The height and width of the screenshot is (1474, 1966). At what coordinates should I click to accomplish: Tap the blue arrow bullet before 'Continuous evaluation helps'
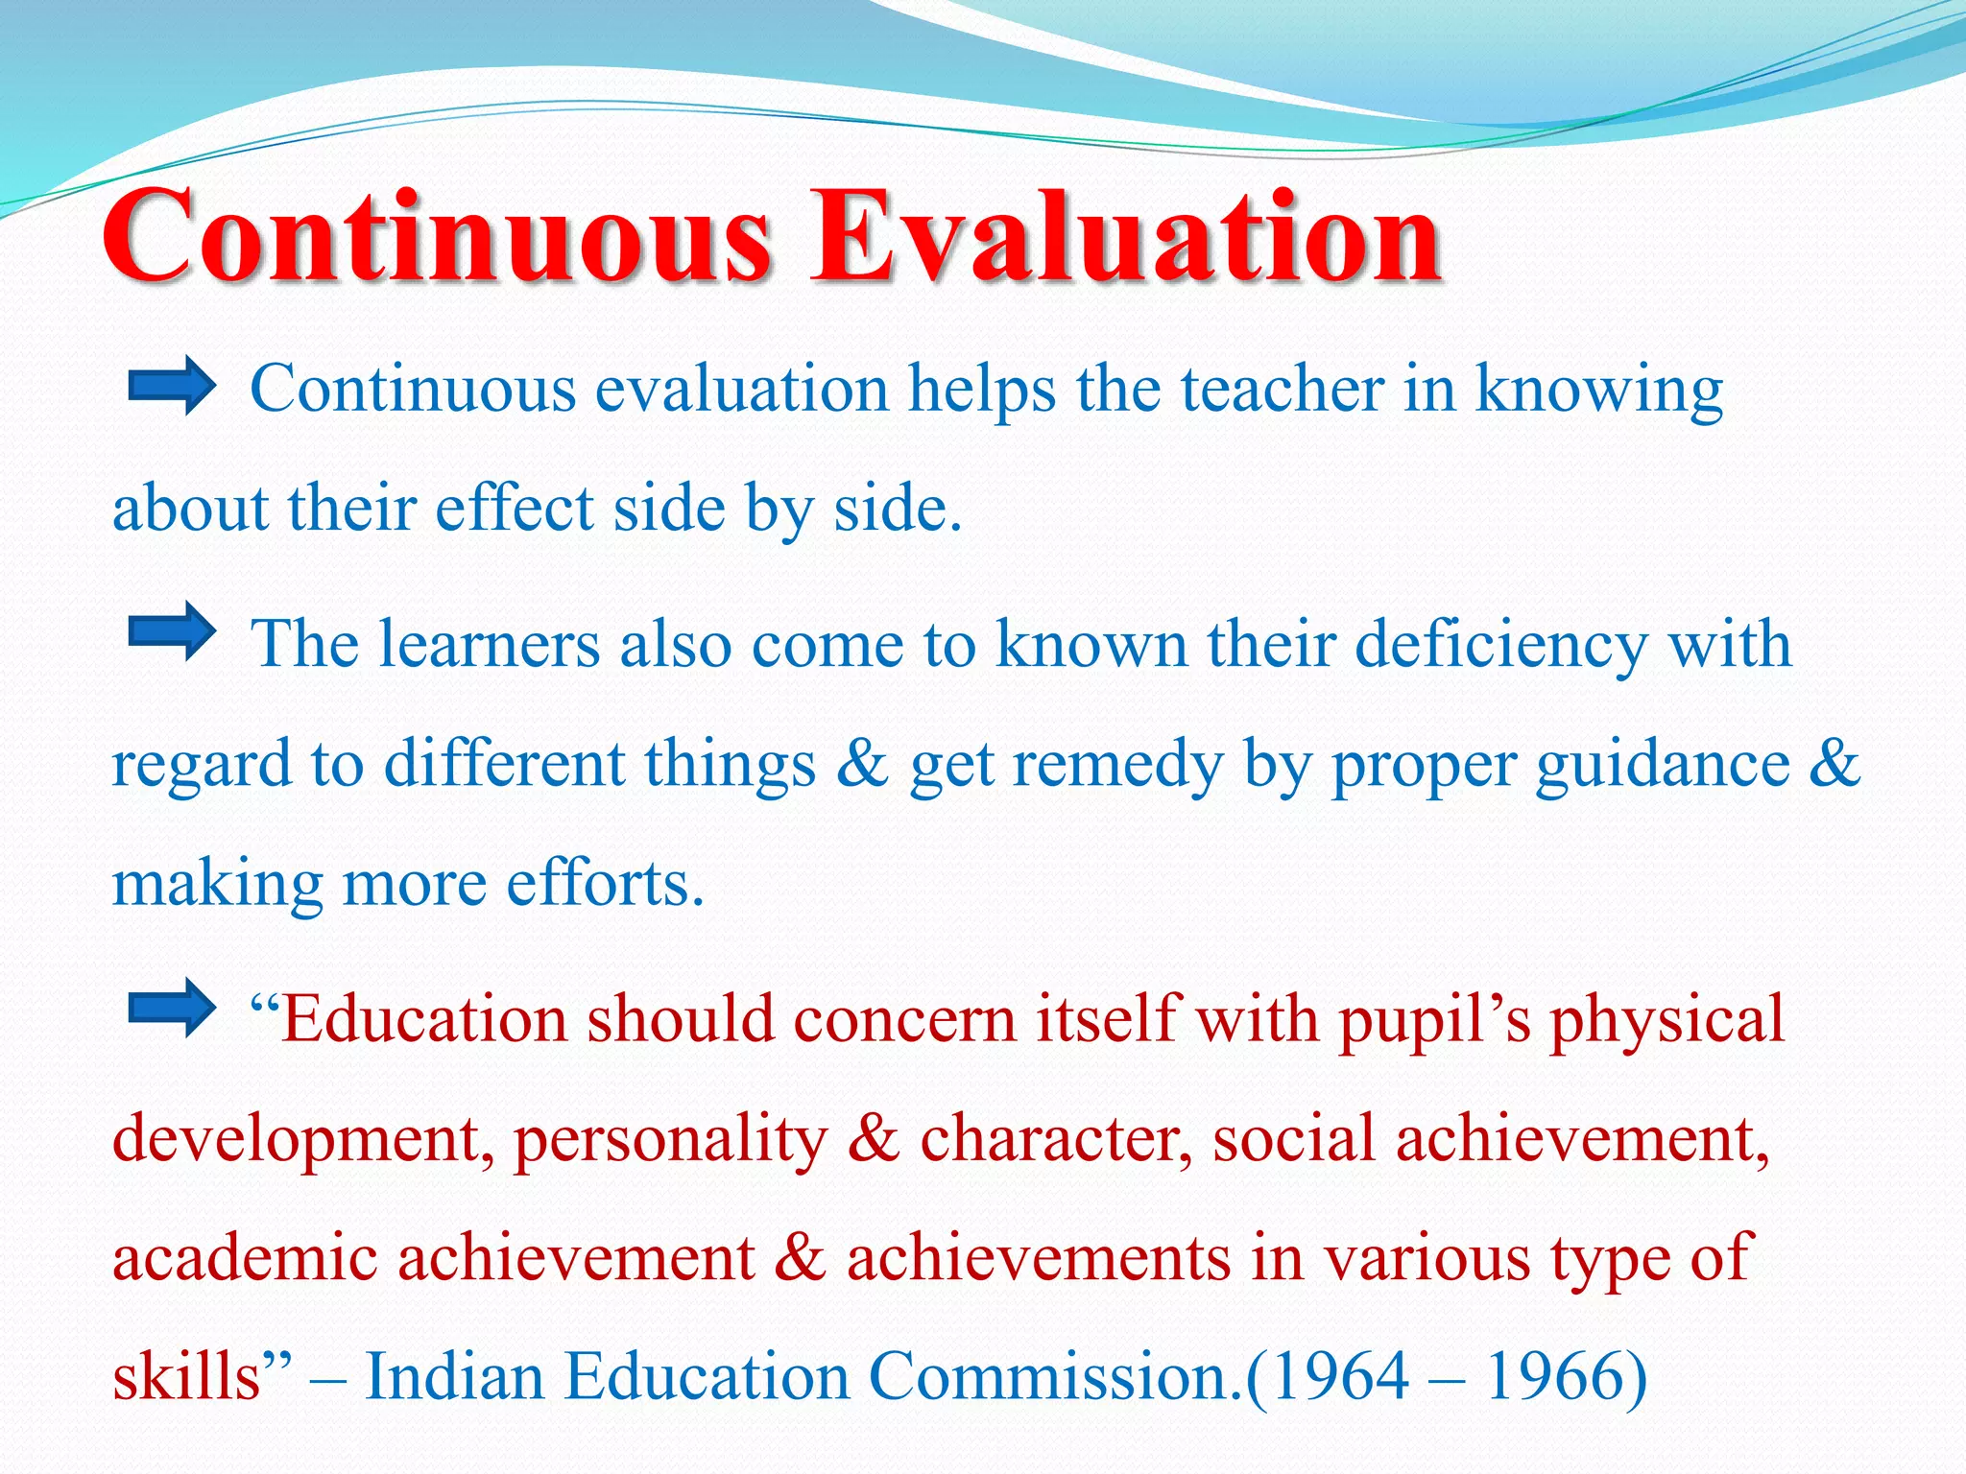coord(172,386)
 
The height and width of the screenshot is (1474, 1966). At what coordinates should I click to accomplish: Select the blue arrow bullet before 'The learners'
coord(172,631)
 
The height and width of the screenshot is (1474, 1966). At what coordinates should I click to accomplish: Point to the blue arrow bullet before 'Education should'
coord(172,1008)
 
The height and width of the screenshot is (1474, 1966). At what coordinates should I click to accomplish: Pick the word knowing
coord(1598,392)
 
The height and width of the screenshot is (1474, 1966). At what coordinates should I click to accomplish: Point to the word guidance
coord(1662,765)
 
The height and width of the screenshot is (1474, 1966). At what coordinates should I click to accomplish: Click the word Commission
coord(1056,1376)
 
